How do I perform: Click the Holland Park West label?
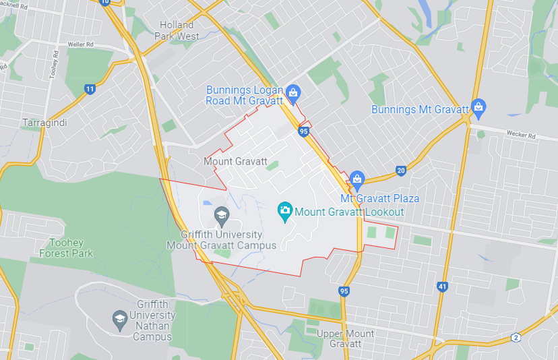click(177, 30)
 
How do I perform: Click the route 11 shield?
click(90, 89)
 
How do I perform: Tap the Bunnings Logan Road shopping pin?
click(292, 92)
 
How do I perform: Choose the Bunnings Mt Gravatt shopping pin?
click(478, 106)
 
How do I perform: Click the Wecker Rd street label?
click(522, 135)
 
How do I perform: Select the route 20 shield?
click(401, 171)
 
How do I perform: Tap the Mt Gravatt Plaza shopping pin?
click(356, 179)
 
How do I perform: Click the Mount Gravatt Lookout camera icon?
click(284, 211)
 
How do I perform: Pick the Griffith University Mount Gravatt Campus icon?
click(221, 216)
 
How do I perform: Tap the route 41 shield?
click(442, 287)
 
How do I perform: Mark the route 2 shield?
click(516, 337)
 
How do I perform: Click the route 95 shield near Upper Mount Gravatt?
click(344, 291)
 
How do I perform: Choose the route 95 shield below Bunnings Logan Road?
click(304, 131)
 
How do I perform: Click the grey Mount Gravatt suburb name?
click(235, 162)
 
